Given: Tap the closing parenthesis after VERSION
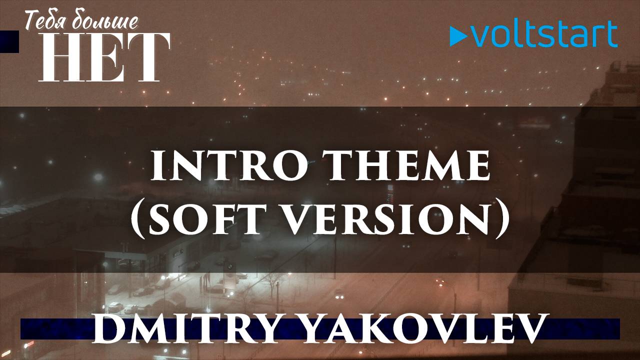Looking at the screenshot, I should click(502, 220).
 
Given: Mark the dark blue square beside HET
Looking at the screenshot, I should click(9, 41).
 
